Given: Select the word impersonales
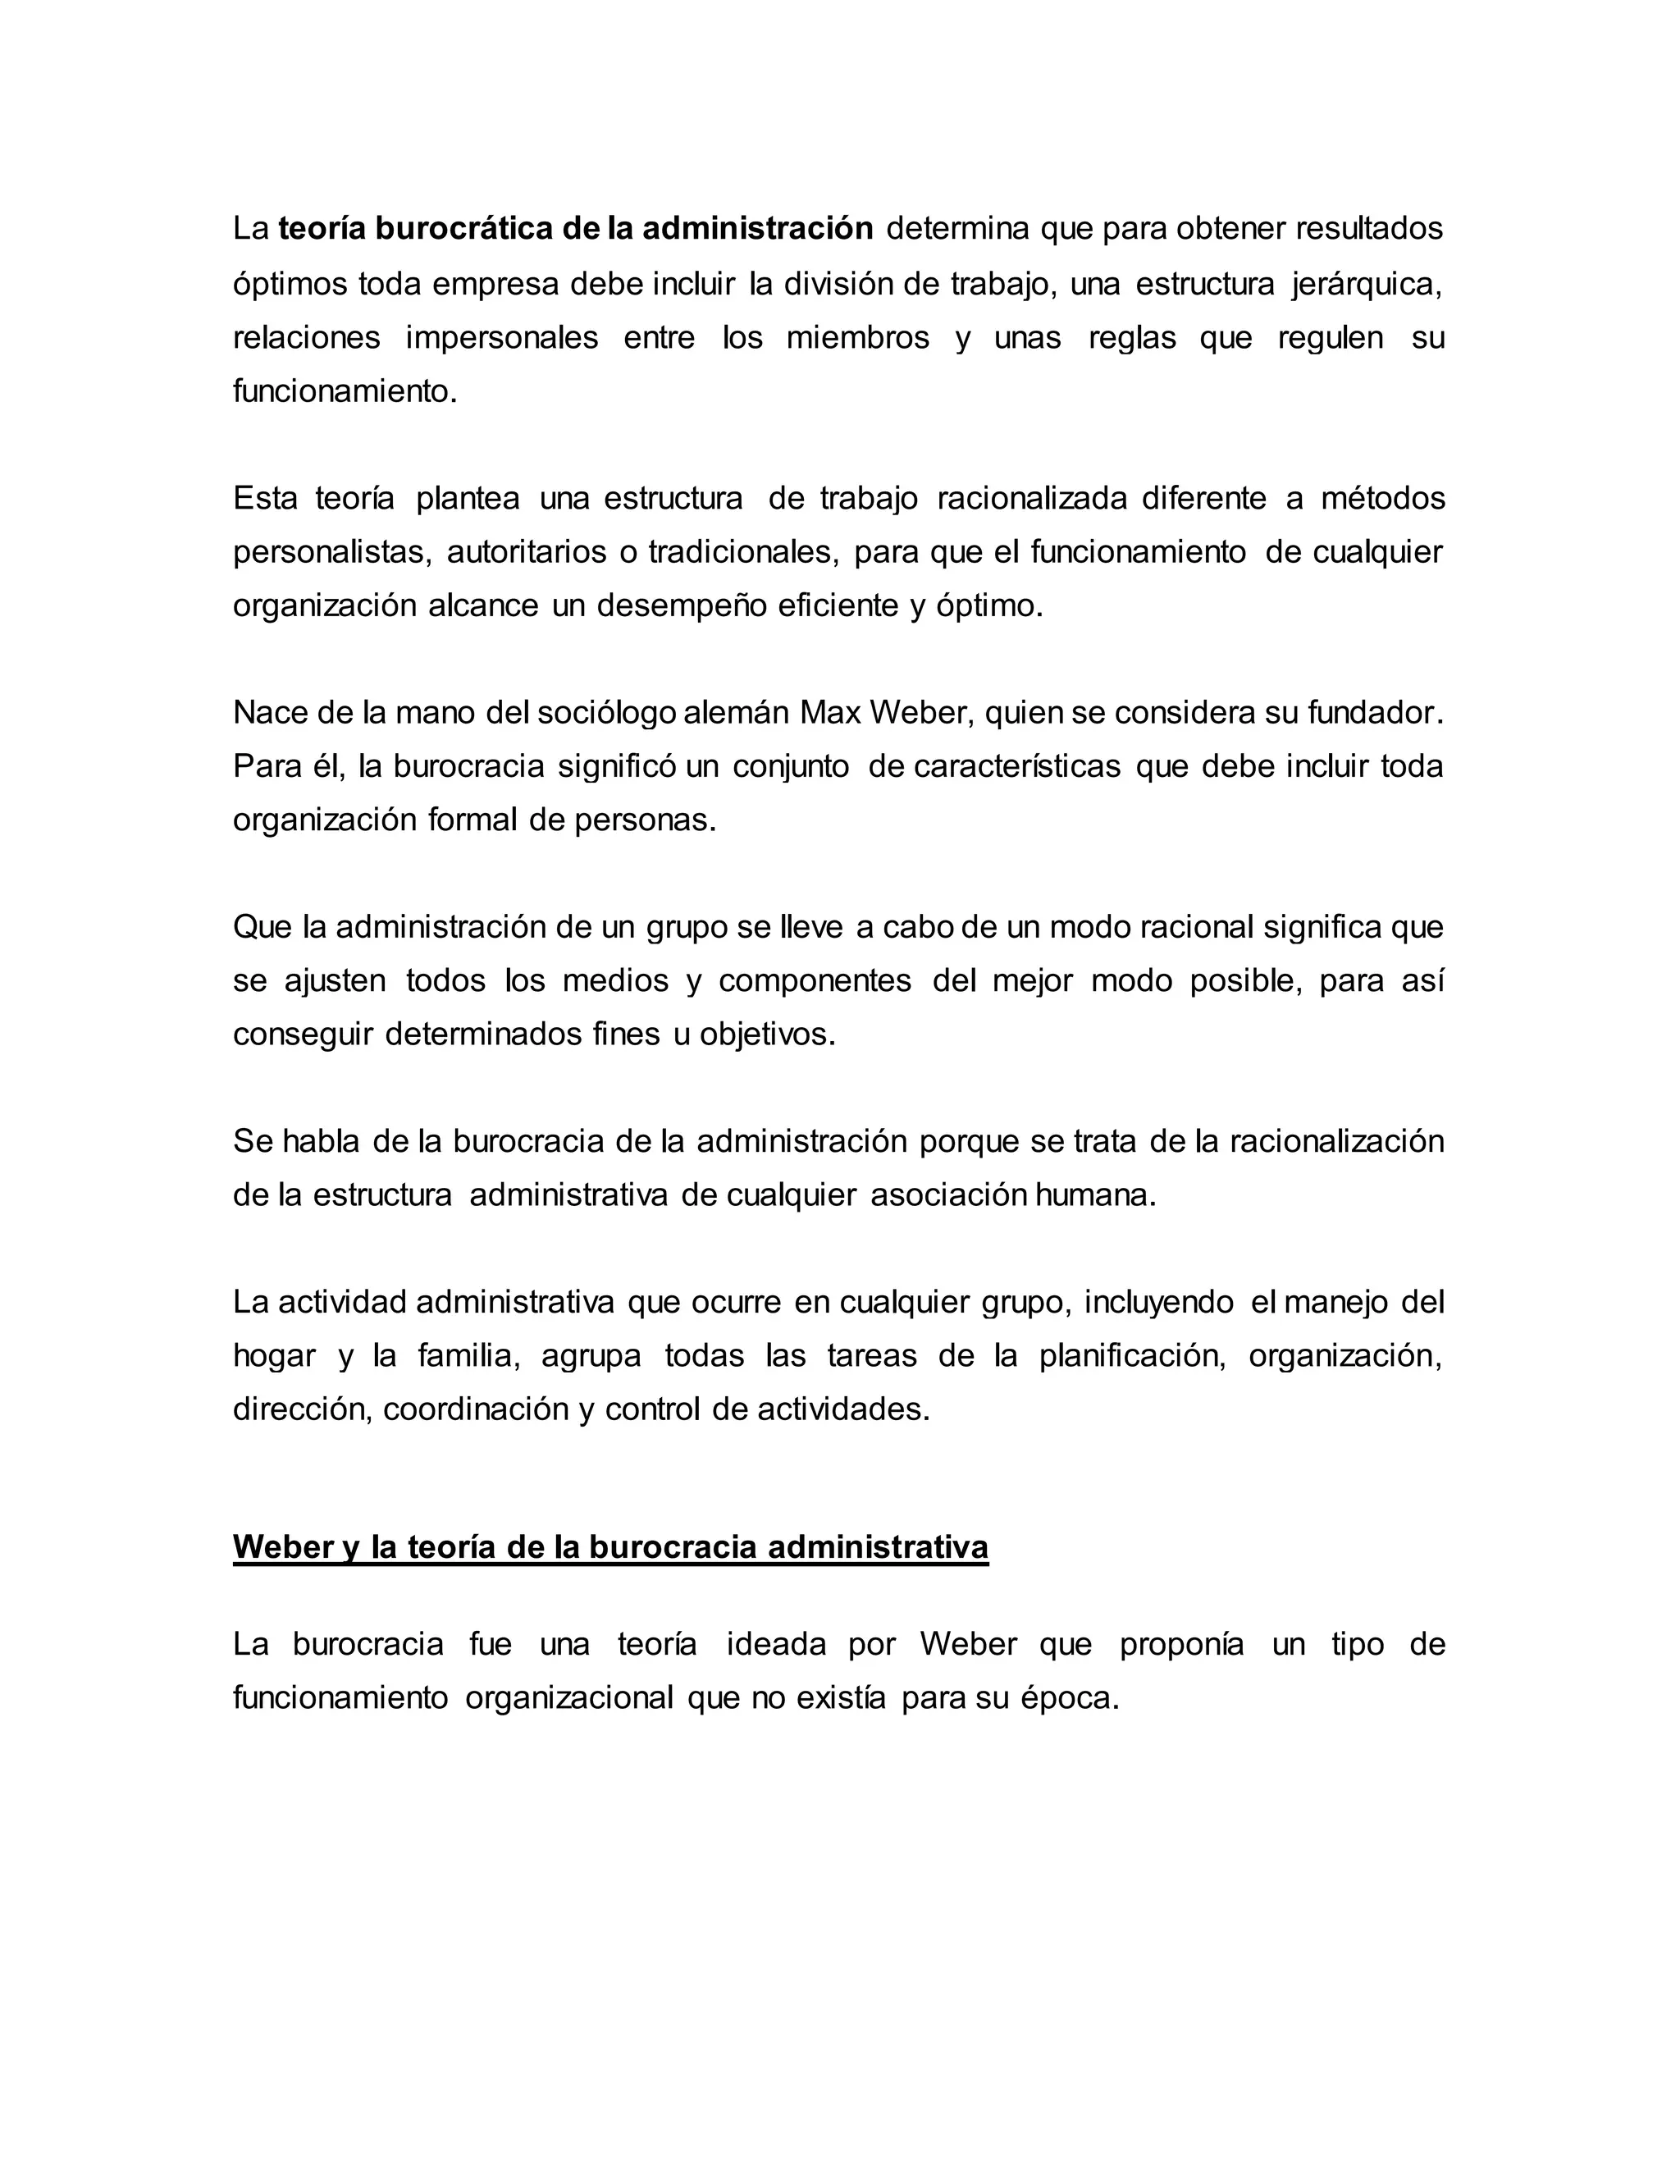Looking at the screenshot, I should pyautogui.click(x=501, y=339).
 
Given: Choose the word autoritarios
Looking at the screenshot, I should pyautogui.click(x=527, y=551).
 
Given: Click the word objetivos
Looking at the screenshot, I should pyautogui.click(x=767, y=1034).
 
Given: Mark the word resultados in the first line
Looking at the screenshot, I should pyautogui.click(x=1368, y=229).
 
